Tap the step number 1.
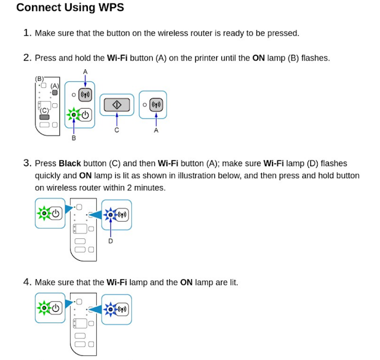pyautogui.click(x=27, y=33)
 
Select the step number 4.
pyautogui.click(x=27, y=282)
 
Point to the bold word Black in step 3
pyautogui.click(x=69, y=163)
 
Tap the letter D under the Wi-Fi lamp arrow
pyautogui.click(x=110, y=241)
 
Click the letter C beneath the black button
pyautogui.click(x=116, y=130)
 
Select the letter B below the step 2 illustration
pyautogui.click(x=74, y=138)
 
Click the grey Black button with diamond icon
pyautogui.click(x=116, y=105)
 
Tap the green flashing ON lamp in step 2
pyautogui.click(x=74, y=115)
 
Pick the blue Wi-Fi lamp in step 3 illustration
pyautogui.click(x=110, y=214)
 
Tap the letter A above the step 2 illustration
pyautogui.click(x=85, y=72)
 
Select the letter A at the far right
pyautogui.click(x=156, y=130)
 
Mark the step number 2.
pyautogui.click(x=27, y=58)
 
